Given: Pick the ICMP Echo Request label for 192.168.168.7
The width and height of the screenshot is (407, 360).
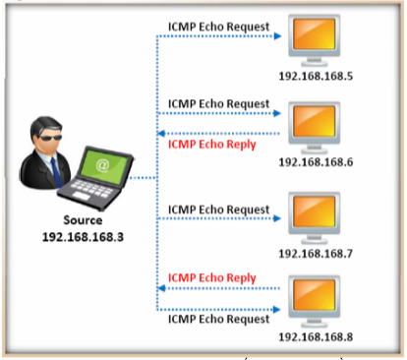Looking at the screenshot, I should coord(217,209).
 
